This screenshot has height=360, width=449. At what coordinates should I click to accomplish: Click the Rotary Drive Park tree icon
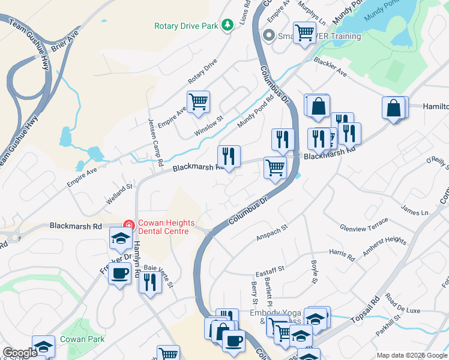(x=227, y=25)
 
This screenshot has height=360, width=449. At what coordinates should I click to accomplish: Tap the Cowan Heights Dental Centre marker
(x=128, y=226)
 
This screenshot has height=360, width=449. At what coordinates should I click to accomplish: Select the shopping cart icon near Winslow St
(x=198, y=101)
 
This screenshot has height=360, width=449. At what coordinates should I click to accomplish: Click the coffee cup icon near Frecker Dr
(x=120, y=274)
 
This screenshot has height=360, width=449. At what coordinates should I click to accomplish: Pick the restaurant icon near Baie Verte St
(x=150, y=281)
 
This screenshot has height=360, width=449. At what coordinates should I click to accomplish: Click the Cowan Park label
(x=82, y=339)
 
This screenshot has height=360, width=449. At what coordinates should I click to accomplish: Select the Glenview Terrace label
(x=364, y=228)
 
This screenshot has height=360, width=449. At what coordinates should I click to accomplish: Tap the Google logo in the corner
(x=20, y=353)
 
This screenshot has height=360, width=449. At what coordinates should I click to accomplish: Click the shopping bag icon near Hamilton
(x=394, y=108)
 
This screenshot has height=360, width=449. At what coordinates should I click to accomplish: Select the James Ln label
(x=415, y=212)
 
